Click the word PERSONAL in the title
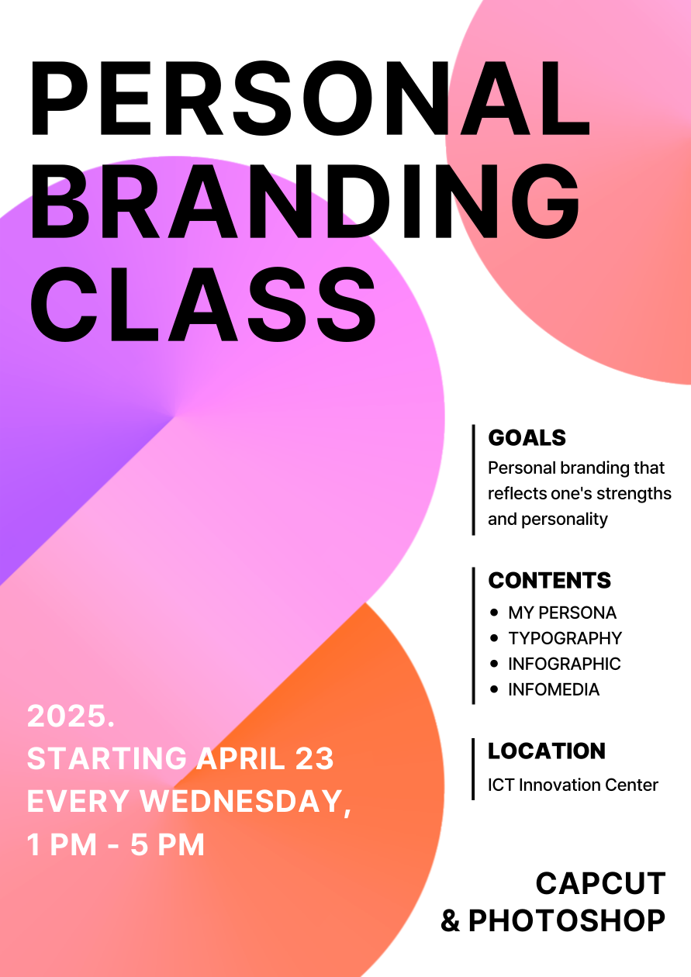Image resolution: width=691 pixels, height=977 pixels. [x=310, y=98]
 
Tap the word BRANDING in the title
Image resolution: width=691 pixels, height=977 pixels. [x=305, y=202]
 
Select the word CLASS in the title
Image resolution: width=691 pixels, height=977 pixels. [x=203, y=305]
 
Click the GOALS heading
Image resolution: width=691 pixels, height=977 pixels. [x=527, y=437]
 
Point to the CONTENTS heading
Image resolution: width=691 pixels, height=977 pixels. [x=550, y=580]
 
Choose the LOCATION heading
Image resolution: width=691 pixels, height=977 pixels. [x=547, y=751]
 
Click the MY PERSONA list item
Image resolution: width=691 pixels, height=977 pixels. [x=562, y=613]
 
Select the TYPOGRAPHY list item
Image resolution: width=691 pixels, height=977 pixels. [x=565, y=638]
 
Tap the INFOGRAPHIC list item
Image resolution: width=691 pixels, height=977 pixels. [x=565, y=664]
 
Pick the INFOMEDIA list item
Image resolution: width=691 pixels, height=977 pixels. [x=554, y=689]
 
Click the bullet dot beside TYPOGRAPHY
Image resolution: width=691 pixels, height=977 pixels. [x=494, y=638]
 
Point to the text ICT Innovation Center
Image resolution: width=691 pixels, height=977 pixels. [x=573, y=785]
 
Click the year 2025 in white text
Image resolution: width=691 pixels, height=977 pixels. [x=67, y=716]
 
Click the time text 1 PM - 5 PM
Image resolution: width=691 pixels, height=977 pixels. [x=116, y=844]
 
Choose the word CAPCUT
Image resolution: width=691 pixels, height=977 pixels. [x=600, y=883]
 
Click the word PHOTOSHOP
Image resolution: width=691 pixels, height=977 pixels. [x=567, y=920]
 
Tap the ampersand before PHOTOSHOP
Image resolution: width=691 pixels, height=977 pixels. [x=451, y=920]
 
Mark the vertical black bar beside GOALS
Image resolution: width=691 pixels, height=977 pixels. [x=473, y=480]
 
